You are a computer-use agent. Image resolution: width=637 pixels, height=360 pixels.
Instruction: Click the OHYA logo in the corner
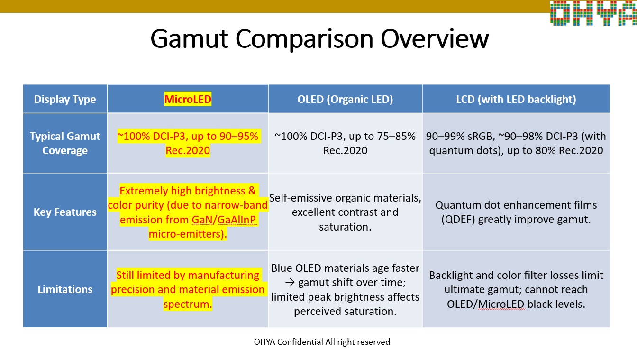pos(593,12)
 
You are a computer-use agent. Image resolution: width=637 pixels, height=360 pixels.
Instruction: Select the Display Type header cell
pos(65,99)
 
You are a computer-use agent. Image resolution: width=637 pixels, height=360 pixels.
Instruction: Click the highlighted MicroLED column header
pos(188,99)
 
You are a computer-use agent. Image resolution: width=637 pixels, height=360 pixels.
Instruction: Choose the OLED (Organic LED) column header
pos(345,99)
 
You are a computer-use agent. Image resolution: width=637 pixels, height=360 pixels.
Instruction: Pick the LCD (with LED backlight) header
pos(515,99)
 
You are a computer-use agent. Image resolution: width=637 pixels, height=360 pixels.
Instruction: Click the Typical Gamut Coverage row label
pos(65,143)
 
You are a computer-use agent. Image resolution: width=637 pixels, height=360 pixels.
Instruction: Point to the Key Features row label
pos(65,212)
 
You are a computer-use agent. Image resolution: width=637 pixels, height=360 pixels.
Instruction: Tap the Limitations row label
pos(65,289)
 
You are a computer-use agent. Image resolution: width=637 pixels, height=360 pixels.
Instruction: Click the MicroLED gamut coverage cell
pos(188,143)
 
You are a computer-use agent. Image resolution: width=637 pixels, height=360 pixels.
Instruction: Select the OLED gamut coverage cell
pos(345,143)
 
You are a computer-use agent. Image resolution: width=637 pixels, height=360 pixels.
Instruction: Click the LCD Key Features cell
pos(516,212)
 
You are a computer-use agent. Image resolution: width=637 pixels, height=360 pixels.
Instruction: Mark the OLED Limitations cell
pos(345,289)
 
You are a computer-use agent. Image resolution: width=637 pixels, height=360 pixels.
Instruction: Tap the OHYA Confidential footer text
pos(322,342)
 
